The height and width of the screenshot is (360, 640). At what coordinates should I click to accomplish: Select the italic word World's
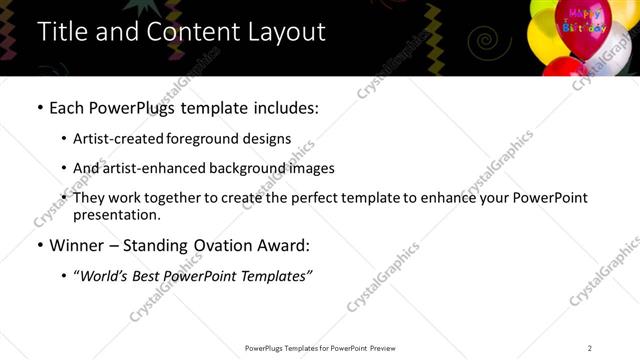click(105, 275)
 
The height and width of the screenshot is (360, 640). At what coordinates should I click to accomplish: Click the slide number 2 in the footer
click(590, 347)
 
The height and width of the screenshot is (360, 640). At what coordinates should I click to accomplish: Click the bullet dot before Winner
click(39, 245)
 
